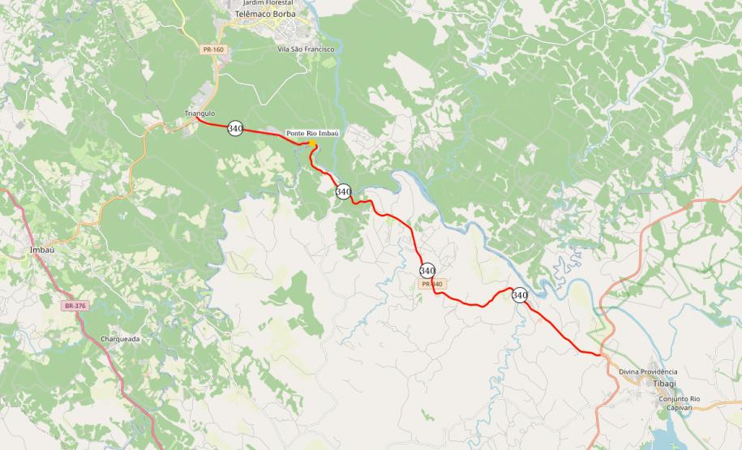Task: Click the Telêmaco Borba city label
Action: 264,15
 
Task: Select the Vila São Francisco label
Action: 306,49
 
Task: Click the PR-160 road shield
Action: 213,49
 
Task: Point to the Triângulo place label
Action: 199,114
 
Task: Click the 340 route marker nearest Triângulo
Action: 235,128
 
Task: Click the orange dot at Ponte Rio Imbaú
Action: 312,144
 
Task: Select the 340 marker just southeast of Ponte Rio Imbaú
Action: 343,191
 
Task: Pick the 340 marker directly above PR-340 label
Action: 427,270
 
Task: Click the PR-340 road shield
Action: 431,284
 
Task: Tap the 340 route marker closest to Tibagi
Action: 520,295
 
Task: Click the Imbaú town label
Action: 41,250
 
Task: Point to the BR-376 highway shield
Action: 75,306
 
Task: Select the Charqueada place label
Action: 121,338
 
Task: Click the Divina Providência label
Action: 647,371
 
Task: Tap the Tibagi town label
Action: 666,383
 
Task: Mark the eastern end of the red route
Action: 601,354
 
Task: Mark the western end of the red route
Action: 200,122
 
